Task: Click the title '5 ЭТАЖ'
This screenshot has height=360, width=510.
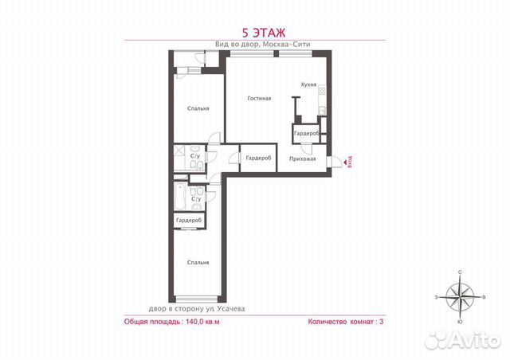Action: pyautogui.click(x=255, y=33)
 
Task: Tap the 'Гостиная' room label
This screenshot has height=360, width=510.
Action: pyautogui.click(x=259, y=98)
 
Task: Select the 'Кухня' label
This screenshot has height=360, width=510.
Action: pyautogui.click(x=309, y=84)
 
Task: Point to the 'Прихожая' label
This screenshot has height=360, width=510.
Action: pyautogui.click(x=303, y=158)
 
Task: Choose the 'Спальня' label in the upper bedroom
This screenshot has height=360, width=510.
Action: pyautogui.click(x=198, y=108)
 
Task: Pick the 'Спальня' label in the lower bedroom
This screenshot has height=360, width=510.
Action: pyautogui.click(x=198, y=262)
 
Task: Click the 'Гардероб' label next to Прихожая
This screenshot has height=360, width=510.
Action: pyautogui.click(x=258, y=158)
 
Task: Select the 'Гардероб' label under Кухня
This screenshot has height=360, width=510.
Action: pyautogui.click(x=306, y=134)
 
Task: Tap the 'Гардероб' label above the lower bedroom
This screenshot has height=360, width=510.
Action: pyautogui.click(x=188, y=220)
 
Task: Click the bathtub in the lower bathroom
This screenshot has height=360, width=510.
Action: pyautogui.click(x=179, y=194)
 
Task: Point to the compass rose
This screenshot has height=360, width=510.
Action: pyautogui.click(x=461, y=297)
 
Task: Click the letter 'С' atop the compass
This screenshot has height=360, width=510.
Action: pyautogui.click(x=461, y=272)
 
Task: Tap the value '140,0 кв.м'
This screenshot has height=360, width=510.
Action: pyautogui.click(x=202, y=323)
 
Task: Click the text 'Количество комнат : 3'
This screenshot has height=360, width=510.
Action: pyautogui.click(x=345, y=323)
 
